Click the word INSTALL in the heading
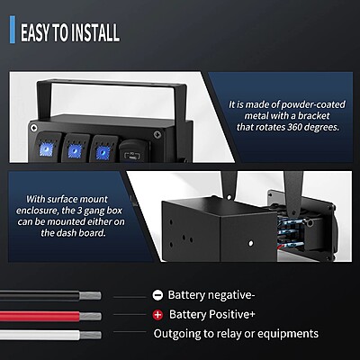[96, 32]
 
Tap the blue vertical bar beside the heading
[13, 30]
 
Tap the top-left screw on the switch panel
[34, 129]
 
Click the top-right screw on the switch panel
[157, 134]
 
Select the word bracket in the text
[313, 116]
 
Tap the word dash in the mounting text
[66, 233]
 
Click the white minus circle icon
[157, 295]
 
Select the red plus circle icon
[157, 315]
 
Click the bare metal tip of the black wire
[90, 296]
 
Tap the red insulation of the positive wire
[40, 316]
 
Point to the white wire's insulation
[40, 335]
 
